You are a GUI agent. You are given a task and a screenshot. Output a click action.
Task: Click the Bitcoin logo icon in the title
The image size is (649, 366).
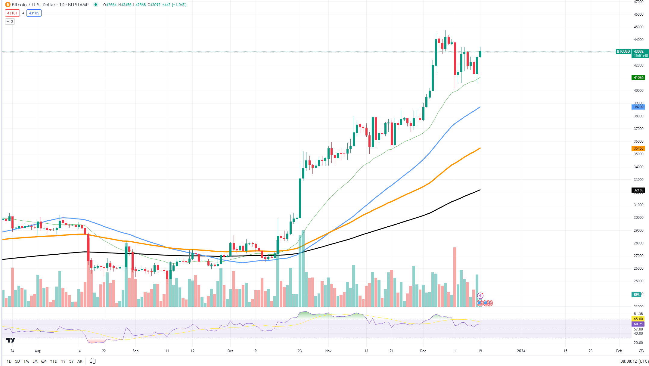(8, 5)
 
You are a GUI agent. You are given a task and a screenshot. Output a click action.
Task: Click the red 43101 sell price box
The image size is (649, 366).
(12, 13)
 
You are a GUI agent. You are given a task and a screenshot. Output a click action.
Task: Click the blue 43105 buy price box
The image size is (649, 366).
(34, 13)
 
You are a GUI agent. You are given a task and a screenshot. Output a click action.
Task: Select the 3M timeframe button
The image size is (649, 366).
(35, 361)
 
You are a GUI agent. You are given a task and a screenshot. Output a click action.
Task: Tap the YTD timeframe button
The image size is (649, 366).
(54, 361)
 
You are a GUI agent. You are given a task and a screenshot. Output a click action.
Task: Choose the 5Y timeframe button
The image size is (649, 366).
(71, 361)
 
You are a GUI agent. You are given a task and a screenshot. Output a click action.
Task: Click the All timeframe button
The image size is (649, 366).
(80, 361)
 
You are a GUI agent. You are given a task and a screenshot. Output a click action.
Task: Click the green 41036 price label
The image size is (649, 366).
(638, 78)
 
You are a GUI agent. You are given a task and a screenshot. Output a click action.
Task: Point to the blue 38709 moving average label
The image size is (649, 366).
(638, 107)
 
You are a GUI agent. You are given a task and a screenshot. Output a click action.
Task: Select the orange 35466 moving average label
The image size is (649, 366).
(638, 148)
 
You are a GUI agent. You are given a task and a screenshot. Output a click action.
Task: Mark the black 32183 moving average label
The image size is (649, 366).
(638, 190)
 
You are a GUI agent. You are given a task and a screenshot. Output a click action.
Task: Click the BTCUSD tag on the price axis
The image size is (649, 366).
(623, 51)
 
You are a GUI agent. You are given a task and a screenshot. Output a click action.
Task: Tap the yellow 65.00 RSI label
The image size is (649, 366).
(638, 319)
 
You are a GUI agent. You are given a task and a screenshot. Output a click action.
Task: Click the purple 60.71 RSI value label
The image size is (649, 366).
(638, 324)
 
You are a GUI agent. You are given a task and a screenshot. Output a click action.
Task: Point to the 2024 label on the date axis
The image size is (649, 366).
(521, 351)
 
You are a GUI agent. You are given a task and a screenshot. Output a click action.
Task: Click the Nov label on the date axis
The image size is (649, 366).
(328, 351)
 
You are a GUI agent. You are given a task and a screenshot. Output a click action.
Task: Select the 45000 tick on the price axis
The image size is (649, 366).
(638, 27)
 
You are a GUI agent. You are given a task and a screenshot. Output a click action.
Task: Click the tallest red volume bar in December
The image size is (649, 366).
(455, 277)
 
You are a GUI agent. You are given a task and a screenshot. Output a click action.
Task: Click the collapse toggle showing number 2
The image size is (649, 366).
(10, 22)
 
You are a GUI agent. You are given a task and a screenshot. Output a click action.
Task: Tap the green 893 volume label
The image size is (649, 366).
(636, 295)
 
